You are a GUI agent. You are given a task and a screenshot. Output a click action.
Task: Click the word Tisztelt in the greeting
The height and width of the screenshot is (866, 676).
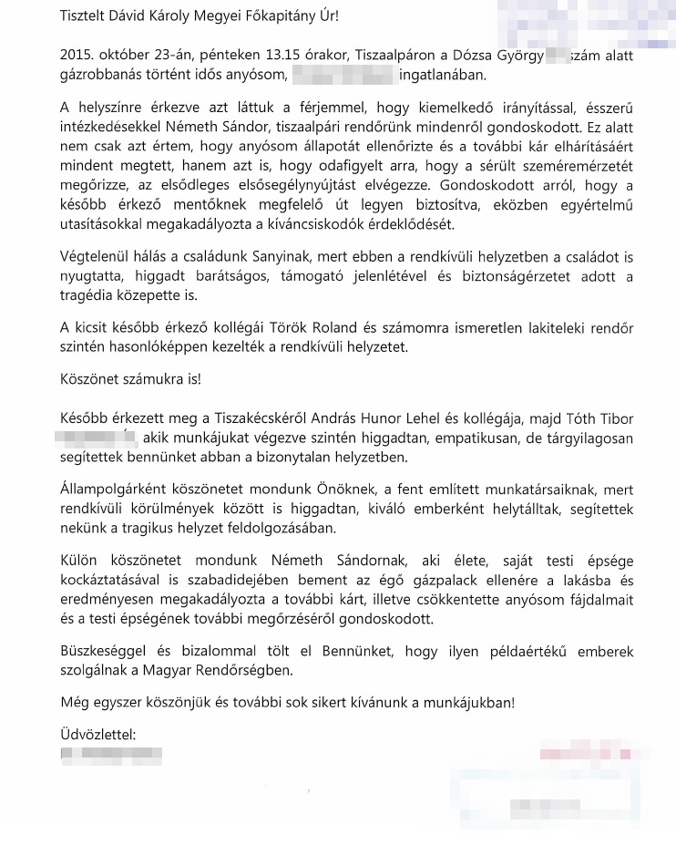point(84,16)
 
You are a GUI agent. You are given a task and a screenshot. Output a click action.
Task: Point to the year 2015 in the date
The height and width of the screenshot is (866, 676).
point(76,57)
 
